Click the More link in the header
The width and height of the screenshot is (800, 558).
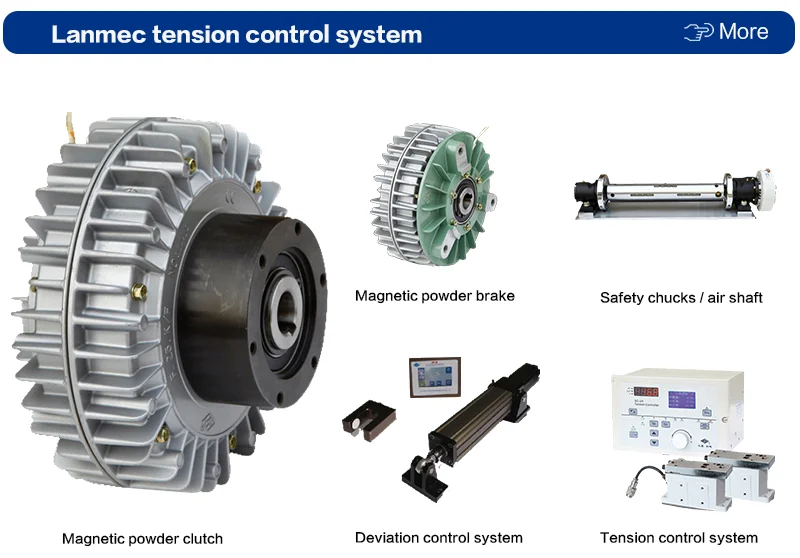(743, 32)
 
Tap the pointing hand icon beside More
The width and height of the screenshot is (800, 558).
(698, 33)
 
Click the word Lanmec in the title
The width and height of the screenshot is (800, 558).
(98, 35)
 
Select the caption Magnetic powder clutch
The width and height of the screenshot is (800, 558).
(142, 539)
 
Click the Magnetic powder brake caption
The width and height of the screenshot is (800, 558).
(435, 296)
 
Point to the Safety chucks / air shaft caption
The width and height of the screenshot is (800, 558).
(681, 297)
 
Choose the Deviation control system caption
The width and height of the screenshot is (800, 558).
(439, 538)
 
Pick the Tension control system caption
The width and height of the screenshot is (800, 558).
(679, 538)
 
